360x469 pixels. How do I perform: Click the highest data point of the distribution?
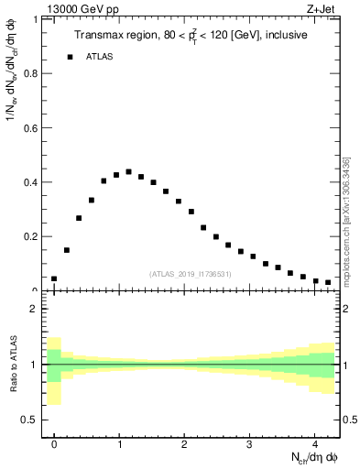128,171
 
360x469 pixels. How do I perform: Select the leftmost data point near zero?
54,278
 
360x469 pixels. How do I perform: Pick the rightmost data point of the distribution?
328,283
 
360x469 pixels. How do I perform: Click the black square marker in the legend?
70,57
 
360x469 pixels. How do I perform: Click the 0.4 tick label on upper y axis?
34,181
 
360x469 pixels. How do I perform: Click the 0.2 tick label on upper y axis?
34,236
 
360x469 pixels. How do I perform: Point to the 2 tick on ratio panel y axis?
38,309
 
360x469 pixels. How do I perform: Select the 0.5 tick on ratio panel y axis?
34,420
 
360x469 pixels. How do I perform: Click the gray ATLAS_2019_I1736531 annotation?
190,274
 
